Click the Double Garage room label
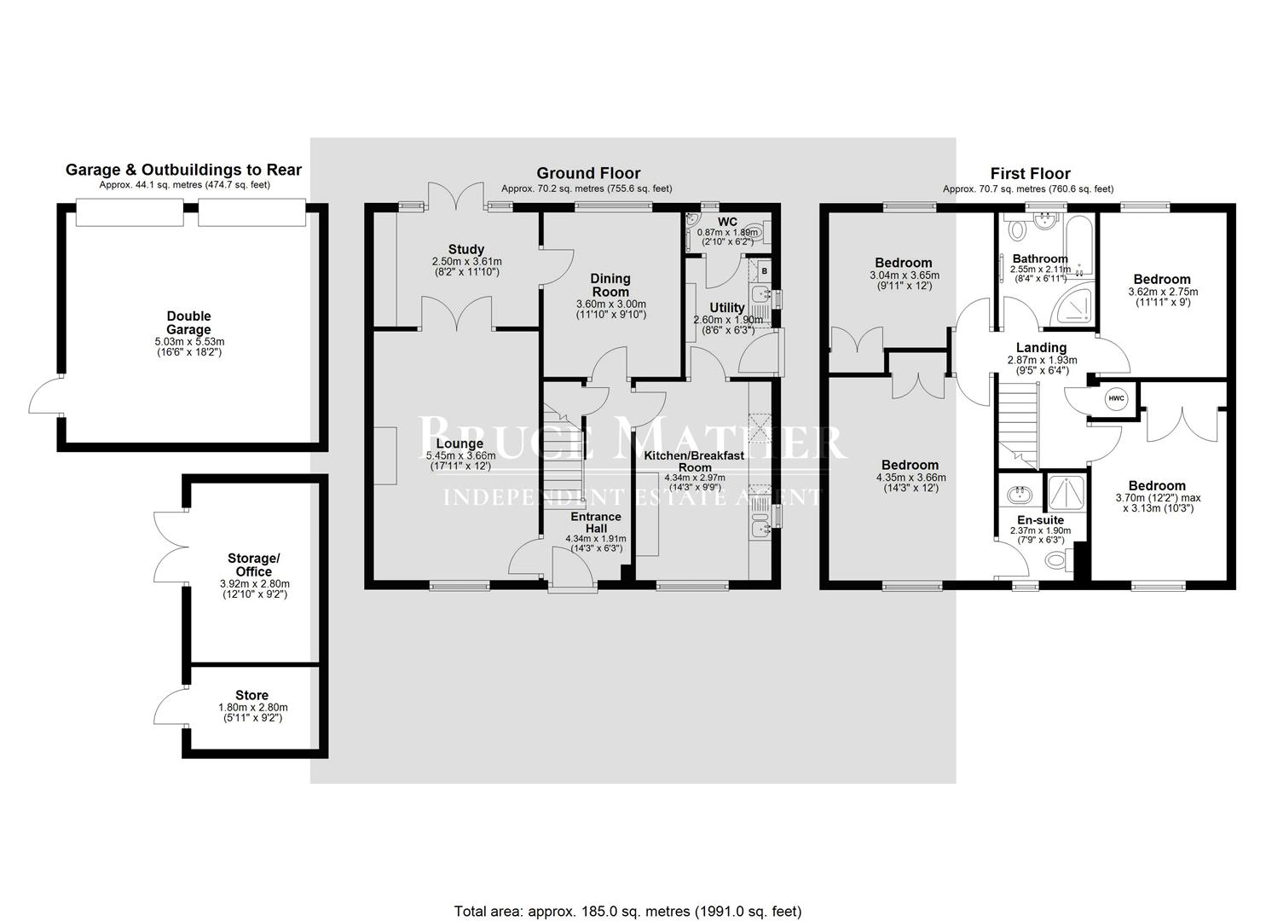coord(188,322)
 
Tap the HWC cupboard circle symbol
coord(1116,398)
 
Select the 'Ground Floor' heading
coord(587,173)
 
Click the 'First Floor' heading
coord(1029,173)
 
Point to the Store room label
coord(252,695)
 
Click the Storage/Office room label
coord(253,565)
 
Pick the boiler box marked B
coord(764,271)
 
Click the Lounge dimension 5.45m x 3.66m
coord(460,455)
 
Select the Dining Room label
coord(610,285)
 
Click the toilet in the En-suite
coord(1056,560)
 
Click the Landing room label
coord(1041,347)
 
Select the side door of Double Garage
coord(47,397)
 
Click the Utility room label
coord(726,307)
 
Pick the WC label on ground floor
coord(727,222)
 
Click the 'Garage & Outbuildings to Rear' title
coord(183,170)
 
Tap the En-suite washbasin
coord(1019,495)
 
